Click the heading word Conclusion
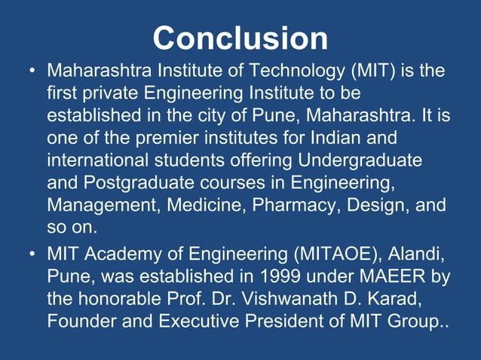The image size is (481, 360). (x=240, y=38)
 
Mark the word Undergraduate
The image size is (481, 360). (x=360, y=161)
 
